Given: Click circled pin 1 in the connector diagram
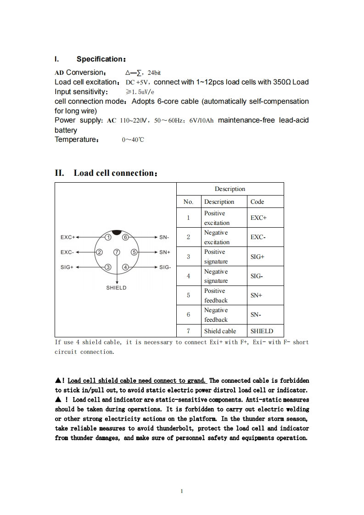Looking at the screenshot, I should [x=108, y=237].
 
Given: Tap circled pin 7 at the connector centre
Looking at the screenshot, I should [x=117, y=252].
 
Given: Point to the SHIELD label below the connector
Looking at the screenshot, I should [x=116, y=288].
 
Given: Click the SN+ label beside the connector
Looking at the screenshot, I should [x=165, y=252].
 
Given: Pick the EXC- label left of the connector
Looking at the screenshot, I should [x=67, y=252].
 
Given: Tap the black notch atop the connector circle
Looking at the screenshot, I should [x=117, y=232].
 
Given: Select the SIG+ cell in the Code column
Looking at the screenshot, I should [x=257, y=257].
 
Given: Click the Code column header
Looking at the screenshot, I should [x=257, y=202].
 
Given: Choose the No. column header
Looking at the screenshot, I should [x=188, y=202].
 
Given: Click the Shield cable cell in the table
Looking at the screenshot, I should [x=220, y=331].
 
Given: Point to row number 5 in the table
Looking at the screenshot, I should [x=188, y=296].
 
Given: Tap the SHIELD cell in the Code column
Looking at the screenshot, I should [x=262, y=331].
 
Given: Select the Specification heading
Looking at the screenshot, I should [x=101, y=59].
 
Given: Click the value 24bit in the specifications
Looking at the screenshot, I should [x=154, y=73].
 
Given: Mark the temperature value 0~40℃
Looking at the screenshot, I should [x=133, y=140].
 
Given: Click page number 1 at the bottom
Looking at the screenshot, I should [x=182, y=491].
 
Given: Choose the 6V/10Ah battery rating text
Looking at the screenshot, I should [x=201, y=121].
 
